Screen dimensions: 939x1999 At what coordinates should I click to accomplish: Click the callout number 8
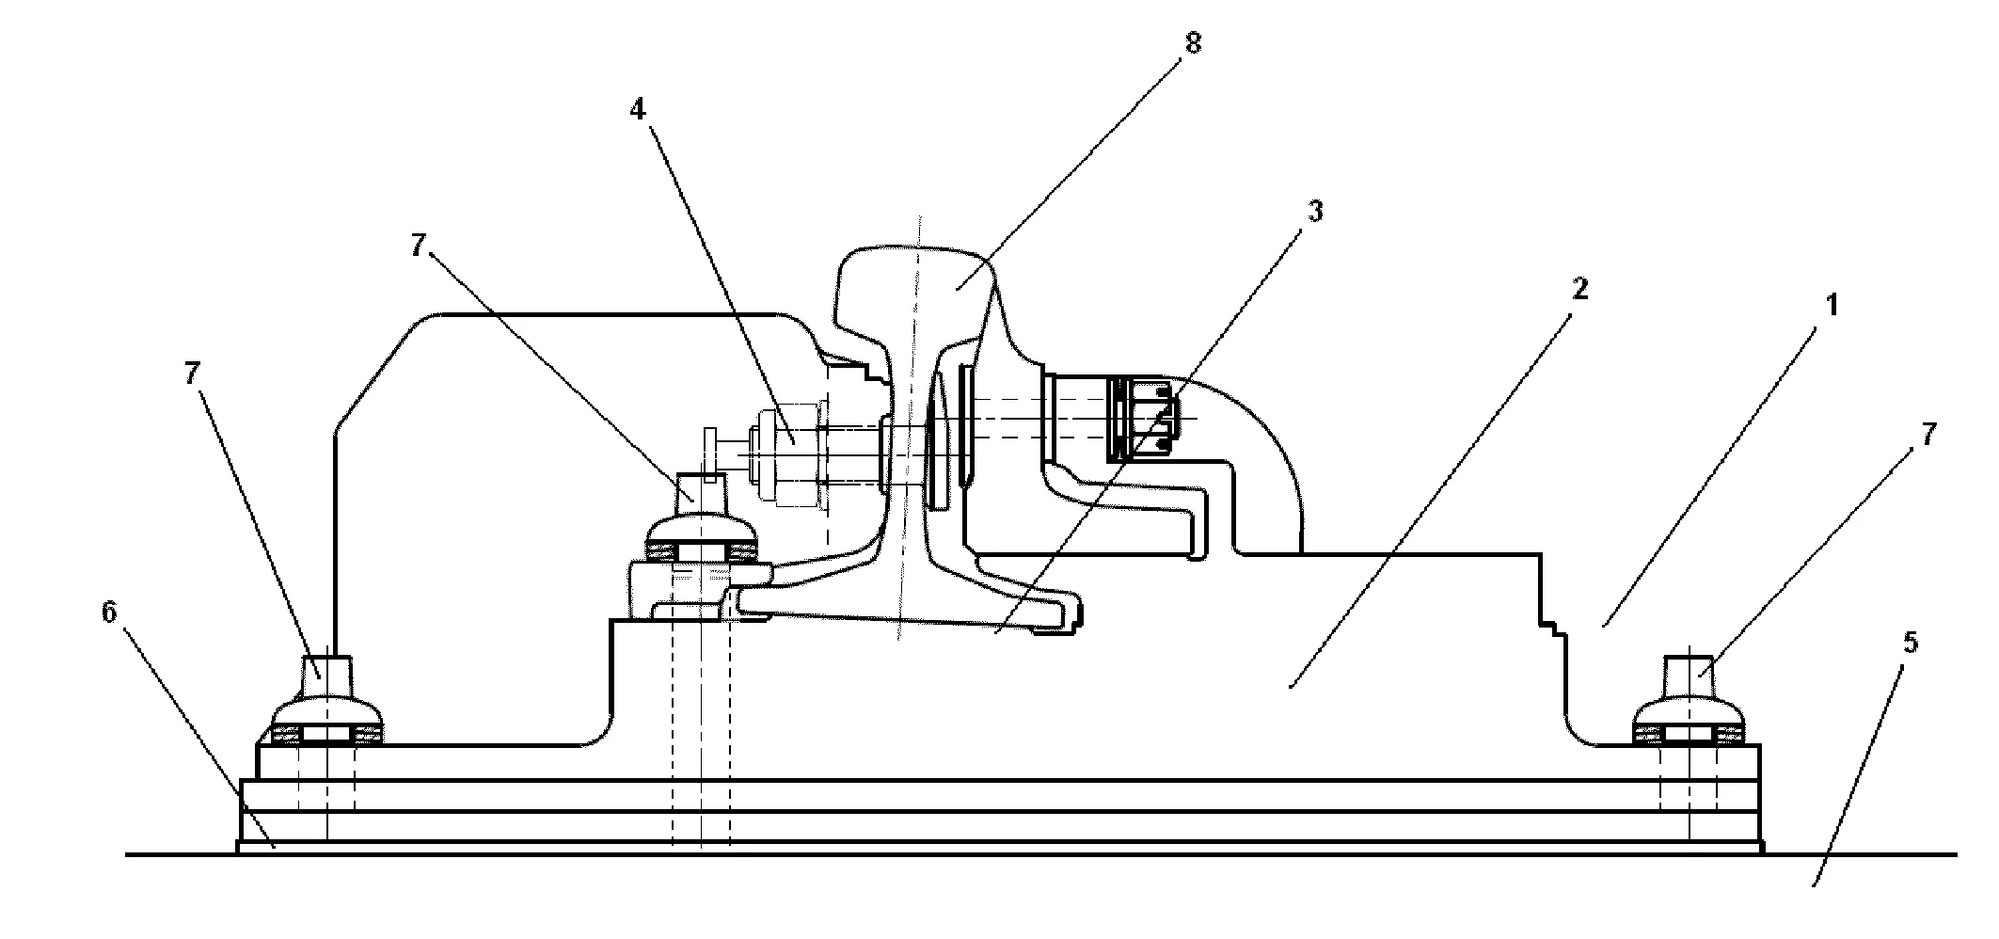click(1193, 44)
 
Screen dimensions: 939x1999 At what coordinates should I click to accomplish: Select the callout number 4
click(639, 110)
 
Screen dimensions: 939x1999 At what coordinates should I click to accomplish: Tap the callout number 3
click(1315, 213)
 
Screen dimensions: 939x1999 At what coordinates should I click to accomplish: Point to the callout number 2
click(1579, 290)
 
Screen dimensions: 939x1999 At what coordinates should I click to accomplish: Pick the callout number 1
click(1831, 307)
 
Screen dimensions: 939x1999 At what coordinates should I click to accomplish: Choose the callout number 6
click(110, 613)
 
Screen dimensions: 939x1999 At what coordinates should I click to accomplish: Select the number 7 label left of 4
click(419, 247)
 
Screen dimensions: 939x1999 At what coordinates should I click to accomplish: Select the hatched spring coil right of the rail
click(1142, 418)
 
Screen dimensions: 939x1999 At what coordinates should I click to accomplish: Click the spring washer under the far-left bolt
click(326, 732)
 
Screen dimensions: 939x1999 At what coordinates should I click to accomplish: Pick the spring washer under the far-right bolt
click(1690, 732)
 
